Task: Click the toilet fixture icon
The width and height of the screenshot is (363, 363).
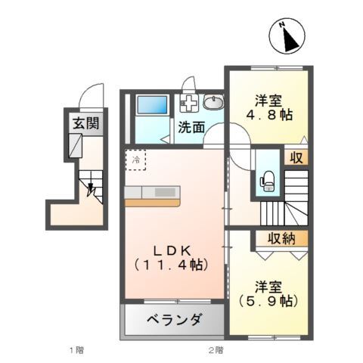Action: (x=266, y=178)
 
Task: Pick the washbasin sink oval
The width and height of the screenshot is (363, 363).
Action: (x=213, y=103)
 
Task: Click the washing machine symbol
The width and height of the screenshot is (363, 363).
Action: (x=188, y=103)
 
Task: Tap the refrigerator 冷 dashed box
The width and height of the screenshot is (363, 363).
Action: (x=136, y=160)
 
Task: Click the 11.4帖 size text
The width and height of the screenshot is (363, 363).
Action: (x=171, y=265)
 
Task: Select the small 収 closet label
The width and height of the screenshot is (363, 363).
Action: (x=296, y=158)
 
